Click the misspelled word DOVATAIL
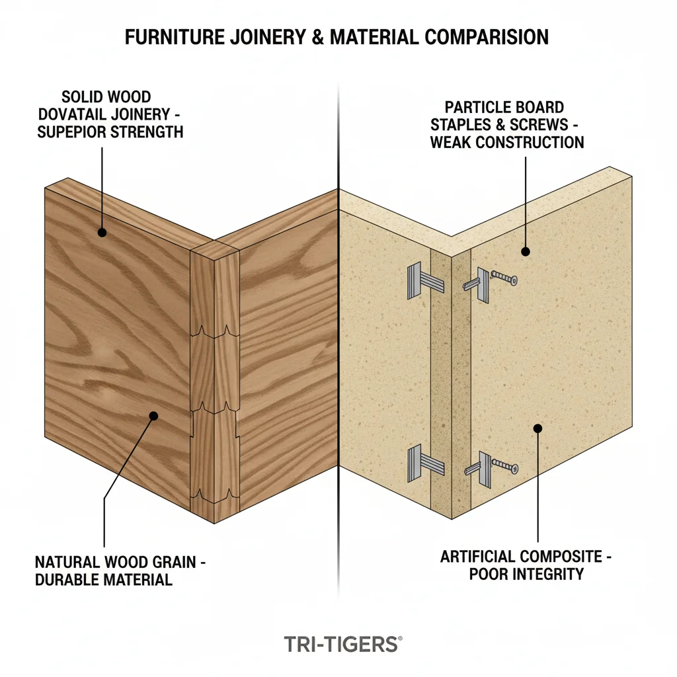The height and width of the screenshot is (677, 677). click(81, 115)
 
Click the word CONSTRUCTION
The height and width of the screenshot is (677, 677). click(526, 142)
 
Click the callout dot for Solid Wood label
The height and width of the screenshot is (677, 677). click(102, 232)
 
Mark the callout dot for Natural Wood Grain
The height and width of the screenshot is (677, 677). click(153, 416)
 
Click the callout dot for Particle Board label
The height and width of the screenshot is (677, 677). click(525, 251)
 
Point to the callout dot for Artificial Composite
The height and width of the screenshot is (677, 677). click(538, 428)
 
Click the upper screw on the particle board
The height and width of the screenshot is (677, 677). click(504, 278)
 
